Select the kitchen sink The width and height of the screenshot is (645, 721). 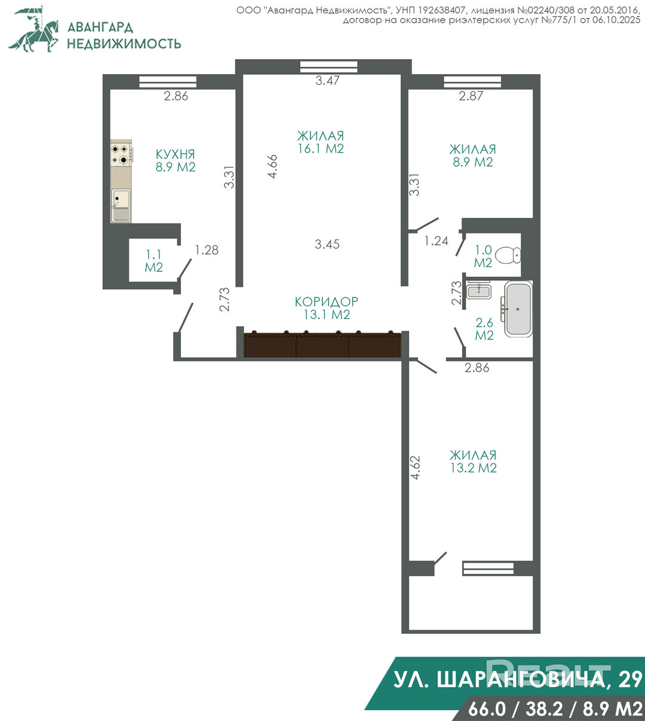coord(121,205)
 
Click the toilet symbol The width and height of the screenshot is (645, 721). coord(508,255)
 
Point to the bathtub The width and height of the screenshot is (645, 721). coord(518,309)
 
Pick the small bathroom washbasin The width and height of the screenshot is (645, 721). coord(479,292)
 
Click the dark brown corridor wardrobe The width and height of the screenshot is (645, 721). coord(322,344)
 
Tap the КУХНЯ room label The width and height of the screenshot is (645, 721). coord(176,155)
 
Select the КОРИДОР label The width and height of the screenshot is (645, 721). coord(327,302)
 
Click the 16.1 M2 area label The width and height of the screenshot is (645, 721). coord(321,148)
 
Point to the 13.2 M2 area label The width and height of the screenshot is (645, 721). coord(473,468)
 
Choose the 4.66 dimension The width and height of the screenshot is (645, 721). coord(272,166)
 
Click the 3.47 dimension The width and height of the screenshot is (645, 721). coord(328,81)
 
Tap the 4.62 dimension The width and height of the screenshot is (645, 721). coord(415,468)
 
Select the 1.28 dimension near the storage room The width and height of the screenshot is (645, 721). coord(207,250)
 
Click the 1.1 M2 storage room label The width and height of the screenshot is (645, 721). coord(153,261)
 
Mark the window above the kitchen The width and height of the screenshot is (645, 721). coord(168,82)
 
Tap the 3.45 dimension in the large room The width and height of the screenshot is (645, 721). coord(327,244)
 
